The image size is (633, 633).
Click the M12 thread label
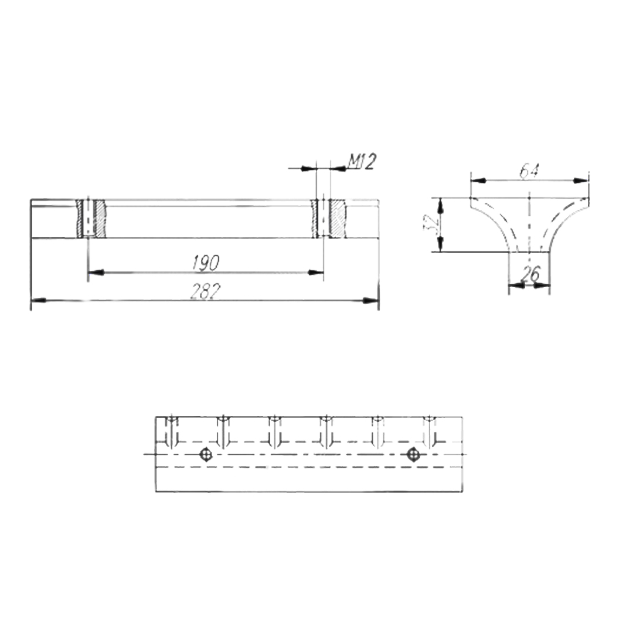pos(362,162)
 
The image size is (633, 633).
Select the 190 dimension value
pos(206,263)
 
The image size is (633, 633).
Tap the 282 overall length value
pos(206,291)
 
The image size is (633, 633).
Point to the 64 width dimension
pos(529,171)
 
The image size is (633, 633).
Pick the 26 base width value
pos(530,274)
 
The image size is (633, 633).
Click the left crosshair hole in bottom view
pos(206,455)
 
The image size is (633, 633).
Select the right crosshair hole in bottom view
pos(413,455)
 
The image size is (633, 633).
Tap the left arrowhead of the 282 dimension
pos(38,300)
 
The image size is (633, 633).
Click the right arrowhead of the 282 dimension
pos(371,300)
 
